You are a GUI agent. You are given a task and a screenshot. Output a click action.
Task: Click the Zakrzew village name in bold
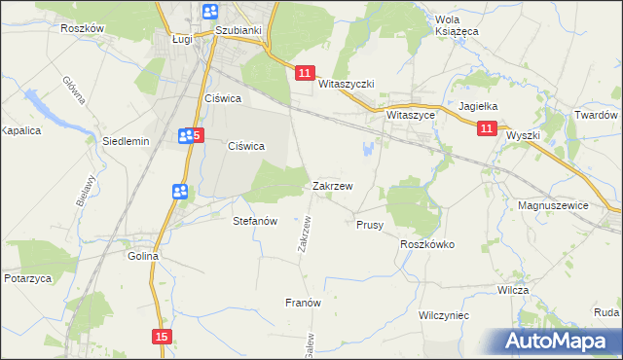(x=333, y=185)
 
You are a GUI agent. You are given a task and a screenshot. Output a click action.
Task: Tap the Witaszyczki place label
(x=347, y=85)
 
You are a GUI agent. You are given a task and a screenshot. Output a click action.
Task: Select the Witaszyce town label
(x=410, y=114)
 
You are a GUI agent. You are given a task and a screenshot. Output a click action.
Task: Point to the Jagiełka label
(x=478, y=107)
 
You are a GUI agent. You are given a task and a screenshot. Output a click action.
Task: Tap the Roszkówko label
(x=427, y=245)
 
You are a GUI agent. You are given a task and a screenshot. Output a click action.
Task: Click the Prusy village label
(x=369, y=225)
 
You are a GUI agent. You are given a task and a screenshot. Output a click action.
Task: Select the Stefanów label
(x=256, y=221)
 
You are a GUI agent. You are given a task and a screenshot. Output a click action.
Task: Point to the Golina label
(x=143, y=257)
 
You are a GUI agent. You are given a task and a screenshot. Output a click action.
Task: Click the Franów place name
(x=303, y=303)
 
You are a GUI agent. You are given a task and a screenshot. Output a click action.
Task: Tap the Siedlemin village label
(x=125, y=141)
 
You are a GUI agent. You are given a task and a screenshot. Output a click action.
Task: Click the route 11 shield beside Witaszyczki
(x=305, y=73)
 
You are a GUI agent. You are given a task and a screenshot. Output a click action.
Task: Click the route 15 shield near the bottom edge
(x=162, y=336)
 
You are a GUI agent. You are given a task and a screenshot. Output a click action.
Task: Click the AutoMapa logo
(x=556, y=341)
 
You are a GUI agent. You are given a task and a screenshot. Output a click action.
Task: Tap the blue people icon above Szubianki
(x=210, y=11)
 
